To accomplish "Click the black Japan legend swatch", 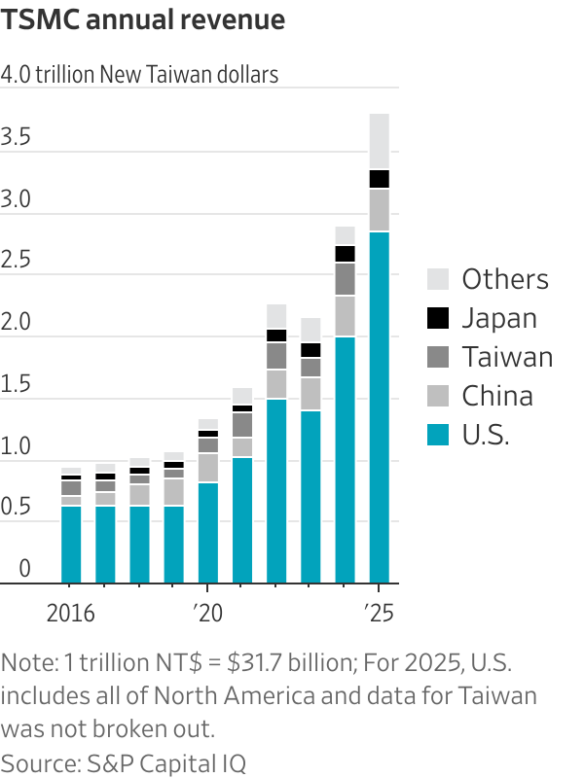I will click(x=439, y=318).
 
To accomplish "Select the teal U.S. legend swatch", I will click(x=439, y=435).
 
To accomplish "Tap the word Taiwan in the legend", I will click(x=506, y=357).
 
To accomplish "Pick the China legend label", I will click(x=497, y=396).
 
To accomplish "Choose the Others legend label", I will click(x=504, y=279).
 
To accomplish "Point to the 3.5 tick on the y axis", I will click(x=17, y=138).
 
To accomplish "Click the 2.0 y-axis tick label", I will click(x=17, y=322).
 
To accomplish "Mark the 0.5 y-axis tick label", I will click(x=17, y=507).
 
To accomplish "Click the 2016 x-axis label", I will click(x=71, y=614).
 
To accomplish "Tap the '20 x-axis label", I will click(x=206, y=614).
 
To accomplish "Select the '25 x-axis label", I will click(x=378, y=614).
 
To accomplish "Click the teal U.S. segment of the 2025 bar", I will click(x=379, y=408).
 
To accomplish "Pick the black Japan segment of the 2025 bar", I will click(x=379, y=179).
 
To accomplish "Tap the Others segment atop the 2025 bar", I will click(x=379, y=141).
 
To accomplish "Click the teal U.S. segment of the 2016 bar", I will click(x=71, y=545).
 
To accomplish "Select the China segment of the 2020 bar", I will click(x=208, y=468).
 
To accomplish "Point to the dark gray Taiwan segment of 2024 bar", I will click(x=345, y=279).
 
